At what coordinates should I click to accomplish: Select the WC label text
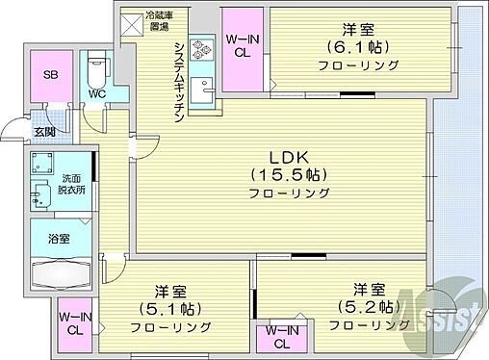(98, 94)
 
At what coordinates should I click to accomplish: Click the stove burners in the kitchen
(201, 49)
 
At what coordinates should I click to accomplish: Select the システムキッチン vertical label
(179, 81)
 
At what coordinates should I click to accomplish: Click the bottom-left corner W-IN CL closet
(73, 322)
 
